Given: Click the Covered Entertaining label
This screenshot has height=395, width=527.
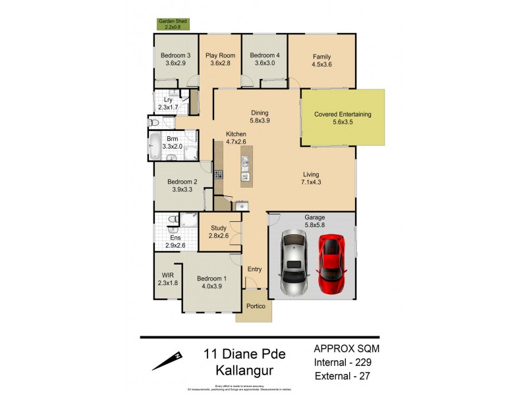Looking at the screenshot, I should click(x=343, y=114).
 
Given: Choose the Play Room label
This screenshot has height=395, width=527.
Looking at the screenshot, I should click(x=220, y=56).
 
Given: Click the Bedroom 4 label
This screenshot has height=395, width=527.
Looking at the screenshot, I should click(x=264, y=56).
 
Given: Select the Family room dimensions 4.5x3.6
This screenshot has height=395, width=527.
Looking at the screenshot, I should click(x=321, y=65).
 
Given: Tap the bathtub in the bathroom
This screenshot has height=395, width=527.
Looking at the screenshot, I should click(x=155, y=145).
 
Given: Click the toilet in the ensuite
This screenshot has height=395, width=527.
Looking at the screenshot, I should click(x=173, y=220).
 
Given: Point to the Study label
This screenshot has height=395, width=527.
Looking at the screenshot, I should click(x=218, y=228).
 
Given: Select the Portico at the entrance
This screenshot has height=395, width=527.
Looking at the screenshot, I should click(x=256, y=307).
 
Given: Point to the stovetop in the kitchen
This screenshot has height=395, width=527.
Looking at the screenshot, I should click(x=219, y=174).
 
